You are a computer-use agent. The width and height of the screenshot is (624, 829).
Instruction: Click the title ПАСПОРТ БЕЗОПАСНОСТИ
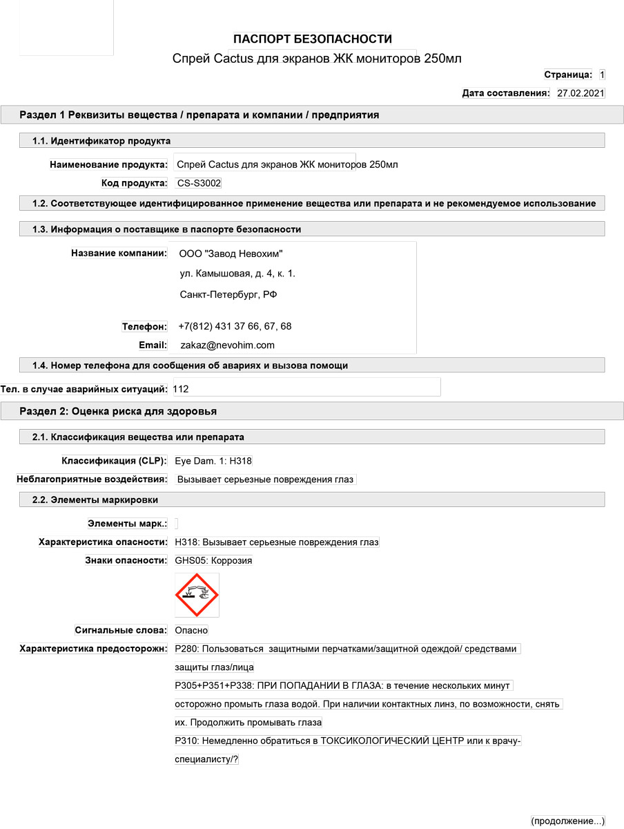(x=313, y=39)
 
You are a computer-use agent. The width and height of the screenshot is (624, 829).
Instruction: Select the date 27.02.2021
(x=581, y=93)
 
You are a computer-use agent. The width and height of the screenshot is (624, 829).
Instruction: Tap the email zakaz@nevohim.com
(x=227, y=345)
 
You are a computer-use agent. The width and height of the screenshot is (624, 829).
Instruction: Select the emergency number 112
(x=181, y=389)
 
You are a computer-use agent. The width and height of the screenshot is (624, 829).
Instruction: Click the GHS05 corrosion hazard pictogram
(x=197, y=595)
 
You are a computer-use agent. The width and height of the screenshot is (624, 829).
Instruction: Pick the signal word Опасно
(x=191, y=630)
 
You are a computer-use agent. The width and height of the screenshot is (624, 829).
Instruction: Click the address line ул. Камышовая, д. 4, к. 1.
(x=237, y=274)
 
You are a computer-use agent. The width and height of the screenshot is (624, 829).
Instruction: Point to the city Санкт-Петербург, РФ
(x=228, y=294)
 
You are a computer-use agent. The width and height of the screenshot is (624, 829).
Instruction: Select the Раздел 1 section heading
(x=199, y=115)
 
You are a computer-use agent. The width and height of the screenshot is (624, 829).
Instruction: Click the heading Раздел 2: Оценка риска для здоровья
(x=118, y=411)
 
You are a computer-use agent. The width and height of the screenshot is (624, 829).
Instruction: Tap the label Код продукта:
(x=134, y=183)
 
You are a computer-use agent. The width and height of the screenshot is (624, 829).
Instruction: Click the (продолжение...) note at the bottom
(x=567, y=821)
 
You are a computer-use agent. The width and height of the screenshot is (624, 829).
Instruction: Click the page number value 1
(x=602, y=75)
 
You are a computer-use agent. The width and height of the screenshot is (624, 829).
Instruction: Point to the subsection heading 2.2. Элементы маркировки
(x=95, y=499)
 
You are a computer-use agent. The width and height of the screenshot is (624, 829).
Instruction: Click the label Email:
(x=153, y=345)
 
